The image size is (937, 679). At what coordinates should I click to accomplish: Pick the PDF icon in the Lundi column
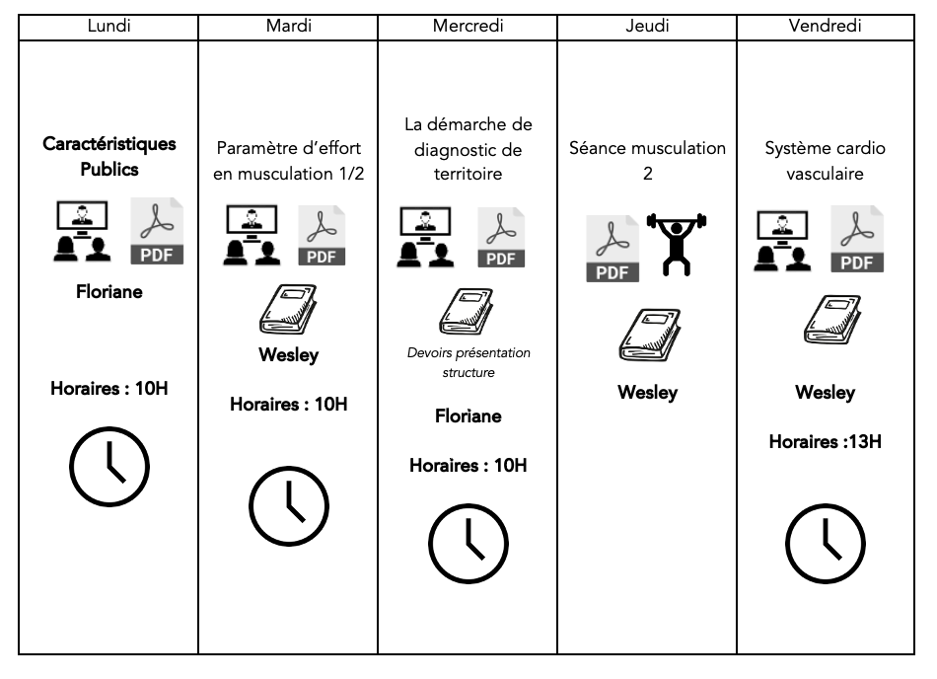pyautogui.click(x=157, y=230)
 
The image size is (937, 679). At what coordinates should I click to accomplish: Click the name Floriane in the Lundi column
pyautogui.click(x=109, y=291)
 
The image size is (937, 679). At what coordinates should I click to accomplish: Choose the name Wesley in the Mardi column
pyautogui.click(x=288, y=355)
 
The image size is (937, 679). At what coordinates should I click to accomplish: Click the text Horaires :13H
pyautogui.click(x=826, y=441)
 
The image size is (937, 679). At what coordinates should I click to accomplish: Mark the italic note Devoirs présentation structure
pyautogui.click(x=468, y=362)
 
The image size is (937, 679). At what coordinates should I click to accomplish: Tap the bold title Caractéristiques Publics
pyautogui.click(x=109, y=156)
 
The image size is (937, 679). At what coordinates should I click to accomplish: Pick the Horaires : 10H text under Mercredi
pyautogui.click(x=468, y=465)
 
